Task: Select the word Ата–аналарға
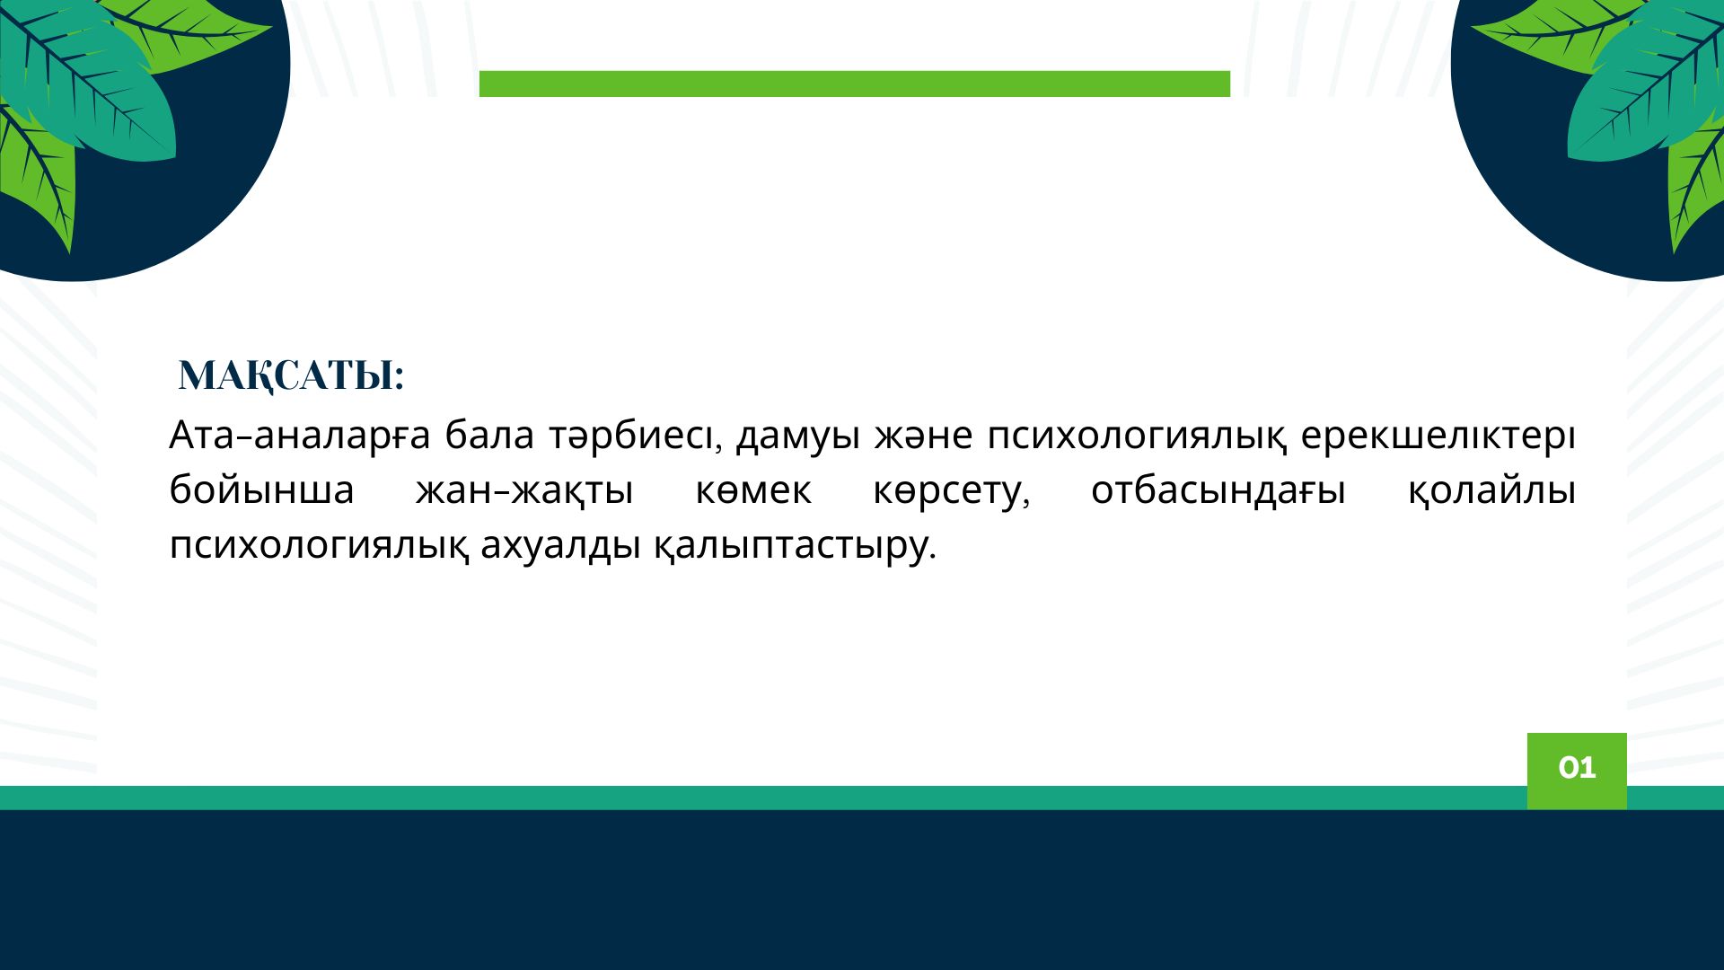pos(300,436)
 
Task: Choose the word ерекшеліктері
pos(1438,436)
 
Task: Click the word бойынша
pos(261,491)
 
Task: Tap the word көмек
pos(753,491)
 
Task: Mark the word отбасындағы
pos(1218,491)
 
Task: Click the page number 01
pos(1577,768)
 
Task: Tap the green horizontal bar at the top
pos(855,84)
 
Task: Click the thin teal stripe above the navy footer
pos(763,798)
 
